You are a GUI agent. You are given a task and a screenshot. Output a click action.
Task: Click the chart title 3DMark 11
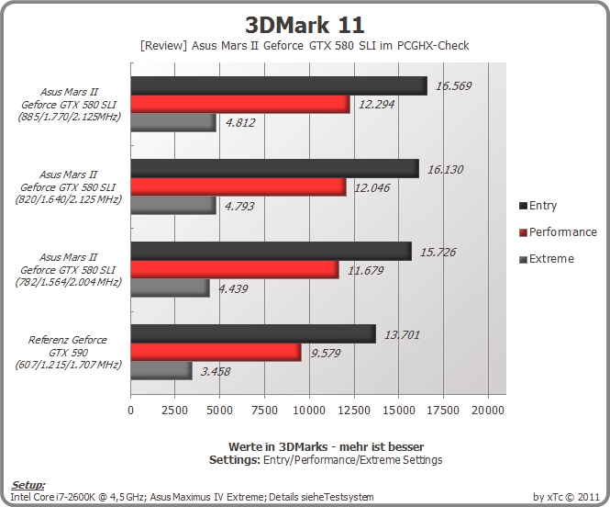click(x=305, y=26)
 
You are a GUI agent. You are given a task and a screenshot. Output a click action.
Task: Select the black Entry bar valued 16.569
click(x=279, y=85)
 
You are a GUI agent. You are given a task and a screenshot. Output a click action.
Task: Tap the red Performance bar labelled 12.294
click(x=240, y=104)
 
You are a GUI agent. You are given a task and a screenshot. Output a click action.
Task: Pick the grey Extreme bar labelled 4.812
click(x=173, y=122)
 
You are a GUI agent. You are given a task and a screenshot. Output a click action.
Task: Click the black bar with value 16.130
click(x=275, y=169)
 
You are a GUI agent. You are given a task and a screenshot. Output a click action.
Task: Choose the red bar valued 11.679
click(x=235, y=269)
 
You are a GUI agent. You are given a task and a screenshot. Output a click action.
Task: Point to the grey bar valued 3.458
click(x=161, y=371)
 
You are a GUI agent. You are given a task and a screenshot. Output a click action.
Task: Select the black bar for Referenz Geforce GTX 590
click(x=253, y=334)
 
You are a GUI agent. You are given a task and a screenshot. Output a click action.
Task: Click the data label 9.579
click(x=326, y=354)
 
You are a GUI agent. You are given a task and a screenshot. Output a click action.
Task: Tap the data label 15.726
click(x=438, y=252)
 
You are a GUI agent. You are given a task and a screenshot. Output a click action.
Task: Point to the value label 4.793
click(x=239, y=206)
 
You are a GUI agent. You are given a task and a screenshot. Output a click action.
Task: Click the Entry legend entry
click(x=538, y=206)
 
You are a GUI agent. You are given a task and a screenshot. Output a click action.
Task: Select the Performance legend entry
click(x=559, y=232)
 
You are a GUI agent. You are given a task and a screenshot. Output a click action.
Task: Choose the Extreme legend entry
click(x=547, y=259)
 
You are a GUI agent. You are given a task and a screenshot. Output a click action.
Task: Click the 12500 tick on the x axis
click(x=354, y=410)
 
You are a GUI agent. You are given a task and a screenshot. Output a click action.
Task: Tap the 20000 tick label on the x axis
click(x=488, y=410)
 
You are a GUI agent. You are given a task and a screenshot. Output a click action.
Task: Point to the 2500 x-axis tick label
click(x=174, y=410)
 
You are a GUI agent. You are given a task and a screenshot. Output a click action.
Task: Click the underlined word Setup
click(x=28, y=485)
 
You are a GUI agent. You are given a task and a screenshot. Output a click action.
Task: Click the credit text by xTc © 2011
click(x=567, y=497)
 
